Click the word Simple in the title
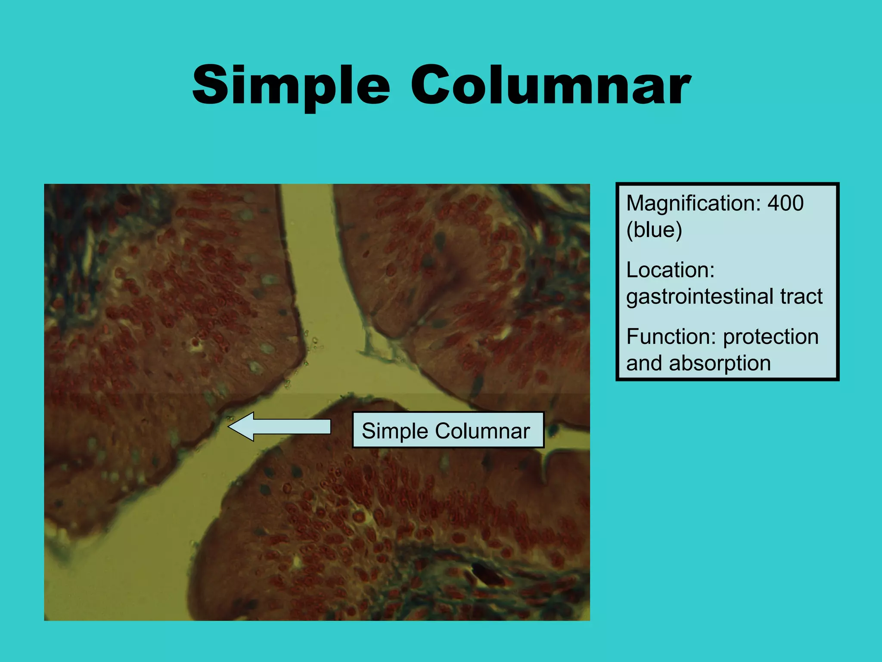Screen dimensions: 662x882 (x=291, y=85)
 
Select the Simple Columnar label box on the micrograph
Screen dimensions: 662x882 (x=448, y=431)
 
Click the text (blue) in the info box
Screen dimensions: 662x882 (x=654, y=230)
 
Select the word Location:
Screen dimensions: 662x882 (x=670, y=270)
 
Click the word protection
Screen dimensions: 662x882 (x=770, y=337)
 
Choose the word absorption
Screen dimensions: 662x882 (x=720, y=363)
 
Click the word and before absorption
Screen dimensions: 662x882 (x=644, y=363)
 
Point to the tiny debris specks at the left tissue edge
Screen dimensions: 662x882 (x=313, y=343)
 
